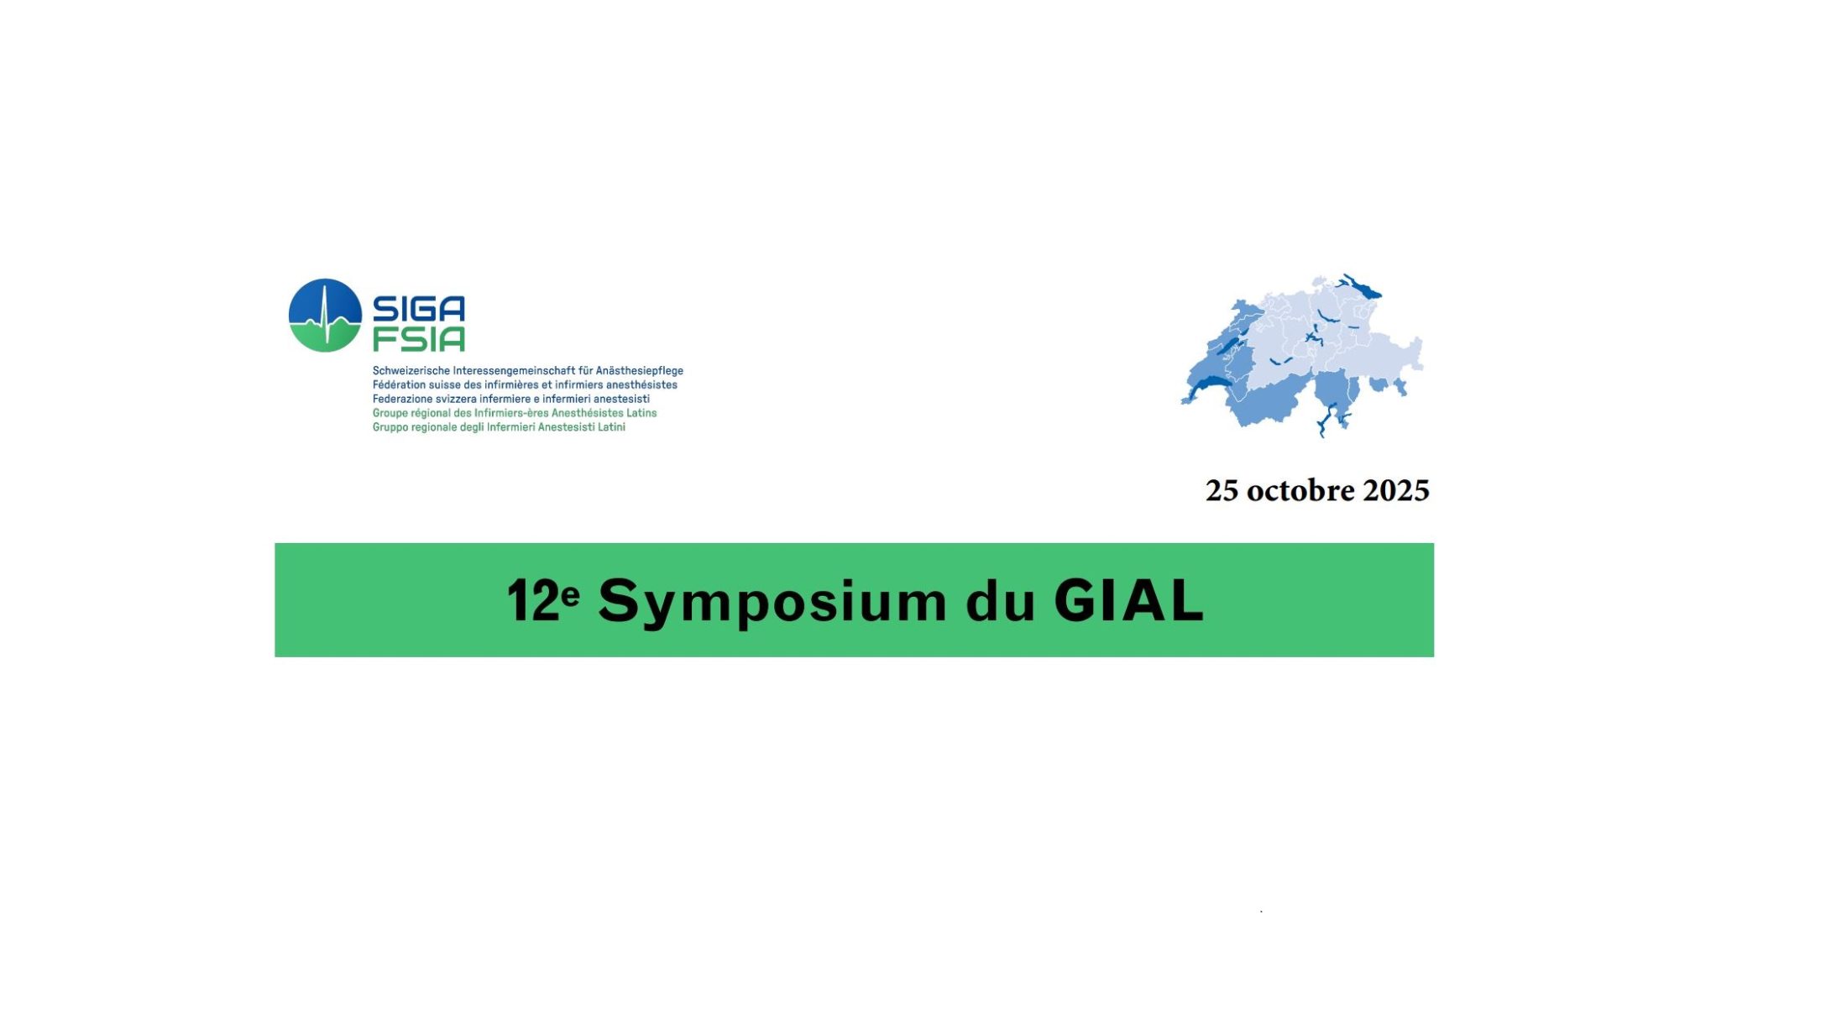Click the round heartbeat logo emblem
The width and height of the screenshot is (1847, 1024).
pyautogui.click(x=325, y=315)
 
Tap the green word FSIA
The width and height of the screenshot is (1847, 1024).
pyautogui.click(x=418, y=338)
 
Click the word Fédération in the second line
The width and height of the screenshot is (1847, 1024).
pyautogui.click(x=399, y=384)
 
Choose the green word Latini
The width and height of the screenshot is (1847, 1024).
pyautogui.click(x=611, y=427)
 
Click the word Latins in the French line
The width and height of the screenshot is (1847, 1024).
pyautogui.click(x=641, y=413)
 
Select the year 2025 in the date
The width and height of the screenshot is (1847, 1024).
pyautogui.click(x=1396, y=490)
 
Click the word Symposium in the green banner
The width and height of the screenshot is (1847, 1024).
pyautogui.click(x=772, y=603)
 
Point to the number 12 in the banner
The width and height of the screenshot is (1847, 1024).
pyautogui.click(x=532, y=601)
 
